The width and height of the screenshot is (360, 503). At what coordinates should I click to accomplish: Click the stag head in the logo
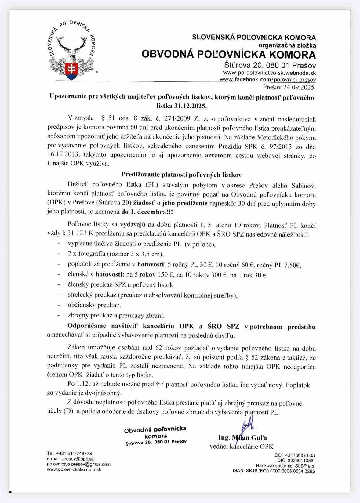[x=72, y=48]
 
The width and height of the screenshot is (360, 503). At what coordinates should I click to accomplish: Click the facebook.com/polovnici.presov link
[x=268, y=79]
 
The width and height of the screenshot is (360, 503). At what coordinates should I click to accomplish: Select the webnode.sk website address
[x=269, y=73]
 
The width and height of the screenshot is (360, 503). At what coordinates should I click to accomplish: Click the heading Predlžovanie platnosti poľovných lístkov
[x=181, y=175]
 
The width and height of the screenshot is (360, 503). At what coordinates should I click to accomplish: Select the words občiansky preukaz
[x=94, y=305]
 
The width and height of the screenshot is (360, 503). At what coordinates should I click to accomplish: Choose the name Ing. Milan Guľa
[x=242, y=437]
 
